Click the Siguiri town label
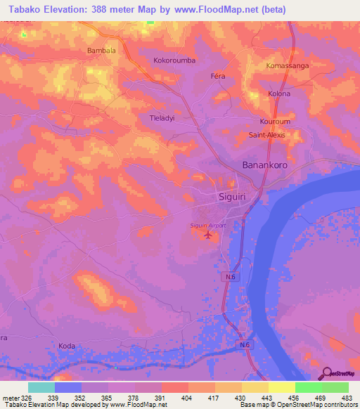click(234, 196)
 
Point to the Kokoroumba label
click(174, 60)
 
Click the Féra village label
click(218, 74)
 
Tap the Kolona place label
click(279, 93)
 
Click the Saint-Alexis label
click(268, 135)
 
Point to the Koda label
click(67, 346)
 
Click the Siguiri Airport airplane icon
click(207, 235)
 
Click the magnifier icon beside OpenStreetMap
click(326, 373)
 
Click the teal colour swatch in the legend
click(41, 387)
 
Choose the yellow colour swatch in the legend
click(282, 387)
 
